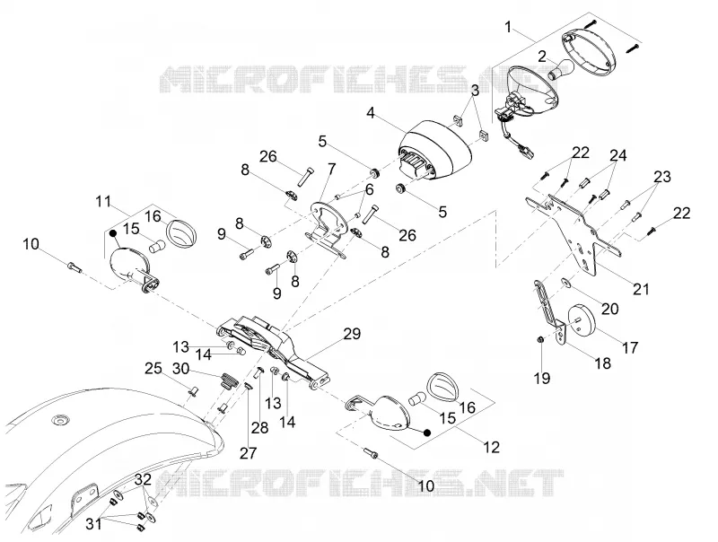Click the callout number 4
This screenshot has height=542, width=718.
point(371,112)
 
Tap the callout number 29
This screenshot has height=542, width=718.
point(352,334)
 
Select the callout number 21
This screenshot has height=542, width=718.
point(641,289)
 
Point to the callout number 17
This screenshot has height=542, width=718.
point(630,347)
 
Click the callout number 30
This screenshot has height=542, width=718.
point(181,368)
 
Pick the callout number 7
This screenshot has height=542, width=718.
point(331,170)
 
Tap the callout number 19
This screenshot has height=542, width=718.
point(542,378)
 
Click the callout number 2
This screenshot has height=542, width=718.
point(542,57)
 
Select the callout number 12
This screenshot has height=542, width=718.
point(491,446)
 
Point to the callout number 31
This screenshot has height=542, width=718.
point(94,524)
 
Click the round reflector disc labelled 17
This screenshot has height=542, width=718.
point(581,319)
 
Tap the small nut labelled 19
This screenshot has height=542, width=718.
point(540,340)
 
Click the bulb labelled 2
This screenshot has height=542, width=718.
point(561,69)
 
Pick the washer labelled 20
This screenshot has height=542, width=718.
point(566,284)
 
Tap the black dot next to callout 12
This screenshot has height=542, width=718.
point(427,433)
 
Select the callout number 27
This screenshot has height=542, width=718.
point(249,453)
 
